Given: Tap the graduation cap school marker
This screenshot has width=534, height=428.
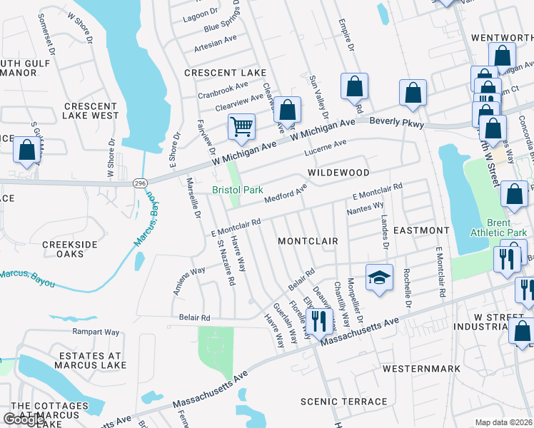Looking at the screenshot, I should click(379, 277).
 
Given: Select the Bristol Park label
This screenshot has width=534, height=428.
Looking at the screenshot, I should click(238, 190).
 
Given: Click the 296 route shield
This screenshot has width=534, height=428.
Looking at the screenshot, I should click(141, 183).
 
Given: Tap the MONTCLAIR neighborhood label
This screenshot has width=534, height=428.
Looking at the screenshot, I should click(308, 241).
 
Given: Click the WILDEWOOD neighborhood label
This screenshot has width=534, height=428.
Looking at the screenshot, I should click(338, 173).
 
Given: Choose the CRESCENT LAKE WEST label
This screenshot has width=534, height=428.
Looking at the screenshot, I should click(91, 111).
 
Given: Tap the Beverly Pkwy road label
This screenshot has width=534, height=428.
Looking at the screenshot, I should click(397, 123).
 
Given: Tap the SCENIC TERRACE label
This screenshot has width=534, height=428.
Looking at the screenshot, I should click(344, 402).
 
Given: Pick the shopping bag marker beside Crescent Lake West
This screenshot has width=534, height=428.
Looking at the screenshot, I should click(26, 151).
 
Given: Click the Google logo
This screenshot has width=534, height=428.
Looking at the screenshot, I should click(24, 420).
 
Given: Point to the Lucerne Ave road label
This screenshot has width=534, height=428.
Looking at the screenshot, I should click(325, 148).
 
